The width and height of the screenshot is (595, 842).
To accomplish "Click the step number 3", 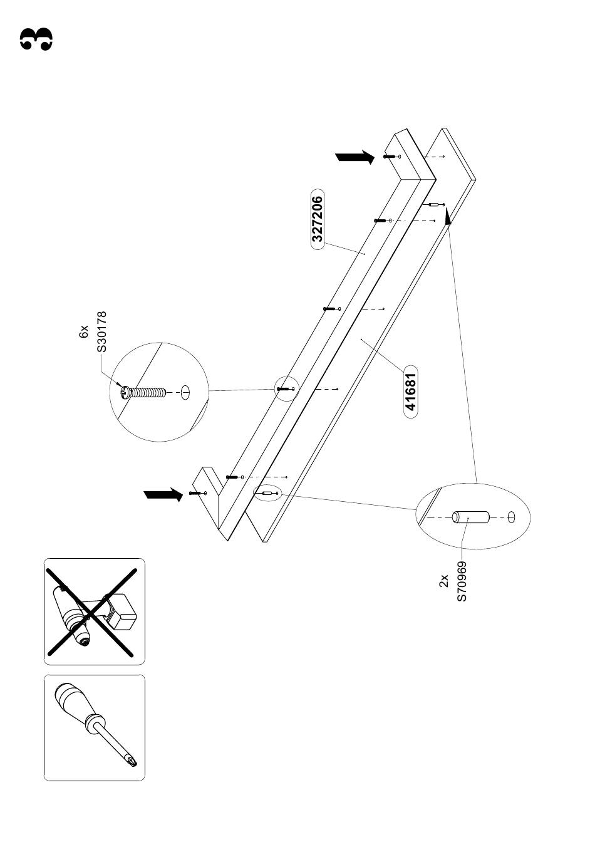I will click(x=36, y=39).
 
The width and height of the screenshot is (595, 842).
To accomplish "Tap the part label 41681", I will click(x=411, y=392).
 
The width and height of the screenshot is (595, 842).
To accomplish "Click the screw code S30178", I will click(x=102, y=332).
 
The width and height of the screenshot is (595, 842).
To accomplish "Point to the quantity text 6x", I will click(x=84, y=332).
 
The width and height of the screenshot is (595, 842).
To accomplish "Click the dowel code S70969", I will click(x=462, y=581).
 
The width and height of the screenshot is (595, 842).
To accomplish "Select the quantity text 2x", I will click(x=443, y=581).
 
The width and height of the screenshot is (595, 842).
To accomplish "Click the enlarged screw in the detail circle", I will click(x=143, y=393).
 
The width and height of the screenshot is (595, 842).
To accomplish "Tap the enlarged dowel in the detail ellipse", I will click(x=471, y=518).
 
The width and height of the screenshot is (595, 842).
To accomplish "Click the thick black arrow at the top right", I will click(x=355, y=157).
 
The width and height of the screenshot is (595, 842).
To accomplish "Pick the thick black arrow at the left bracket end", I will click(x=163, y=495).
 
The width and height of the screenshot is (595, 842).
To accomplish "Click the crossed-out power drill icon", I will click(x=94, y=611).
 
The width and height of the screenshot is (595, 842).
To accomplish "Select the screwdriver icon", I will click(x=94, y=727).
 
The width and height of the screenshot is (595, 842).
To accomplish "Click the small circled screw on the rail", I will click(x=286, y=389).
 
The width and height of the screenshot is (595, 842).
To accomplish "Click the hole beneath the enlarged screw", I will click(x=186, y=393).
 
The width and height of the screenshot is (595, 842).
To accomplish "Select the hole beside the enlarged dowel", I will click(x=511, y=517).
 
